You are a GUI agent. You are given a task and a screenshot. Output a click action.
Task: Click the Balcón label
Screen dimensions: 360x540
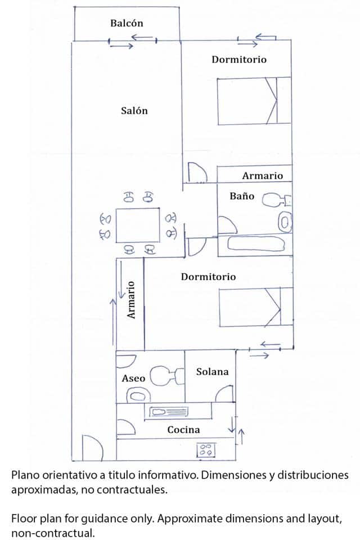pyautogui.click(x=127, y=24)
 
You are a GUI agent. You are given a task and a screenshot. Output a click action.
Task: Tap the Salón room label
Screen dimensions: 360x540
pyautogui.click(x=134, y=111)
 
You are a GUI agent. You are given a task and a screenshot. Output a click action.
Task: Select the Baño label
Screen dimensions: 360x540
pyautogui.click(x=242, y=196)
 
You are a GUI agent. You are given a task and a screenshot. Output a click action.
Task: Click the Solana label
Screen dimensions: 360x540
pyautogui.click(x=212, y=372)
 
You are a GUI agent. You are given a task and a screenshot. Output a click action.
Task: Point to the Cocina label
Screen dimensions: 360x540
pyautogui.click(x=183, y=430)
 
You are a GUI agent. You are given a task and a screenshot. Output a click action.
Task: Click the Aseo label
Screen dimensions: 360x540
pyautogui.click(x=133, y=378)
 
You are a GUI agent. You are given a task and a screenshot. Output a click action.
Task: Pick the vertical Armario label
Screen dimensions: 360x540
pyautogui.click(x=131, y=300)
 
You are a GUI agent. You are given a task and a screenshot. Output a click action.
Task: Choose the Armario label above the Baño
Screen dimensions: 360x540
pyautogui.click(x=262, y=175)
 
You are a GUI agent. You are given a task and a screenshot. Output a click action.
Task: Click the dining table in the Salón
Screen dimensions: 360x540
pyautogui.click(x=138, y=225)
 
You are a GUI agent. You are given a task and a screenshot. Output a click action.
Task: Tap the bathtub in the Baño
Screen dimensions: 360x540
pyautogui.click(x=256, y=244)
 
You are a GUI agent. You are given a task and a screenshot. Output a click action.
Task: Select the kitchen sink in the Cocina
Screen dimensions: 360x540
pyautogui.click(x=166, y=412)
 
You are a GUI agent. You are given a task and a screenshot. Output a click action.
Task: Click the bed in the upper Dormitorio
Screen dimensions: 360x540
pyautogui.click(x=254, y=101)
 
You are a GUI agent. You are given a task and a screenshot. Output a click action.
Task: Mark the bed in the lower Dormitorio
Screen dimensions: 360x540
pyautogui.click(x=256, y=307)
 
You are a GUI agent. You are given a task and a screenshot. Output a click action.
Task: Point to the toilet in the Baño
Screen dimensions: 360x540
pyautogui.click(x=277, y=200)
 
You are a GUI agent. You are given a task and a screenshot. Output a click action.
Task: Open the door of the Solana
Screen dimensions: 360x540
pyautogui.click(x=225, y=394)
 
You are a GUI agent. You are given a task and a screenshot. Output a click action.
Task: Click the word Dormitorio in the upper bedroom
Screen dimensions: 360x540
pyautogui.click(x=239, y=60)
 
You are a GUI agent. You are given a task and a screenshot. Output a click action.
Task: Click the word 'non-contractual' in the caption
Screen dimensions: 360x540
pyautogui.click(x=53, y=533)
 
